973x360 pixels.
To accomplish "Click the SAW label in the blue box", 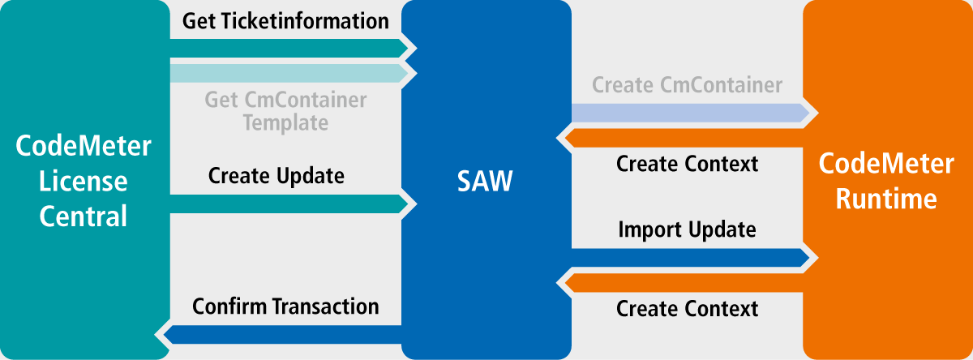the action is point(485,181).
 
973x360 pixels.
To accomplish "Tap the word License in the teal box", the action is point(83,181).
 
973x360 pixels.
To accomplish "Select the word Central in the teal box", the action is point(83,216).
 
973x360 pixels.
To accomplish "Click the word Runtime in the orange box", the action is point(886,199).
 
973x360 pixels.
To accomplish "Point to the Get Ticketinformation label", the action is point(285,21).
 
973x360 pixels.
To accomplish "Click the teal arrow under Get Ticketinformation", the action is point(289,48).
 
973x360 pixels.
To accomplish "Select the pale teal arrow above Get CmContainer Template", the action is point(289,74).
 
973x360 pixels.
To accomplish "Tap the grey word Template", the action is point(285,122).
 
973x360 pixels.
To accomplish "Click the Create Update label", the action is point(276,176).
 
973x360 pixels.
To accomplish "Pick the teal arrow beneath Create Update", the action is point(289,204).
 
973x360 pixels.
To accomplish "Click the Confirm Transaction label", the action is point(285,306).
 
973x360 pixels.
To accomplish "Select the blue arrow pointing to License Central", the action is point(282,335).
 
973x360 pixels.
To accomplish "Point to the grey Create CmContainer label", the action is point(688,84).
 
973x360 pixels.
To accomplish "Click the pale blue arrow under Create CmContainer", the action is point(691,113).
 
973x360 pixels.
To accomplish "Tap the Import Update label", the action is point(688,229).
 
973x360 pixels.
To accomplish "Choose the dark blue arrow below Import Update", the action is point(691,258).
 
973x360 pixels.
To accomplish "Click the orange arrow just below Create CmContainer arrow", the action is point(684,138).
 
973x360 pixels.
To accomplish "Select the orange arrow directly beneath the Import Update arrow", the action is point(684,283).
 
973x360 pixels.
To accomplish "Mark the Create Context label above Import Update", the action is point(688,164).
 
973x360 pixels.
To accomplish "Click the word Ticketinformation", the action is point(306,21).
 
